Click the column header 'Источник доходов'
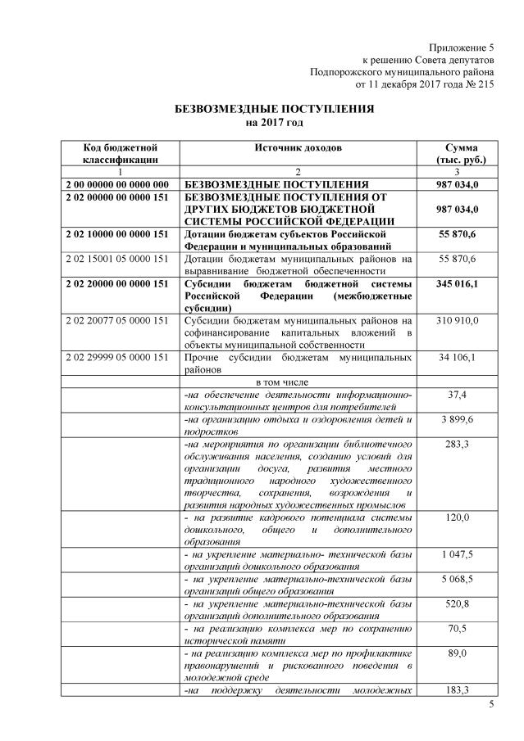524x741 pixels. click(297, 147)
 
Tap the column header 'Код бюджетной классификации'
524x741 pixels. click(120, 153)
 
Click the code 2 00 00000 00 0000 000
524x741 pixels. click(120, 184)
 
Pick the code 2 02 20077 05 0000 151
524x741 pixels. click(120, 320)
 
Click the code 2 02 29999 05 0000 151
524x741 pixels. click(120, 358)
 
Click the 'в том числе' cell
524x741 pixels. click(297, 382)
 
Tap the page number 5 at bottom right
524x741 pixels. click(492, 706)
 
